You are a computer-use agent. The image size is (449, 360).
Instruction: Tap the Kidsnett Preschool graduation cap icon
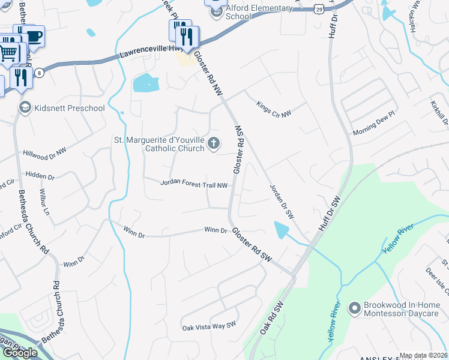pos(25,108)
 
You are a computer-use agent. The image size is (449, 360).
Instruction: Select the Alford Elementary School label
pos(260,12)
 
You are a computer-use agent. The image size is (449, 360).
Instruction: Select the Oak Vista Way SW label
pos(209,327)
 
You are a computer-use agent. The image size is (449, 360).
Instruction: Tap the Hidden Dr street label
pos(40,177)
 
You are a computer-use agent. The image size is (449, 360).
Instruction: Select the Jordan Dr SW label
pos(281,201)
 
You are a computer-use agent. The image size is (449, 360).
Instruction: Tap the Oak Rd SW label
pos(271,319)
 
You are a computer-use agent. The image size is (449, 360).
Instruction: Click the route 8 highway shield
pos(40,73)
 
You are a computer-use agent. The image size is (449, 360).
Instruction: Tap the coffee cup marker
pos(34,37)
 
